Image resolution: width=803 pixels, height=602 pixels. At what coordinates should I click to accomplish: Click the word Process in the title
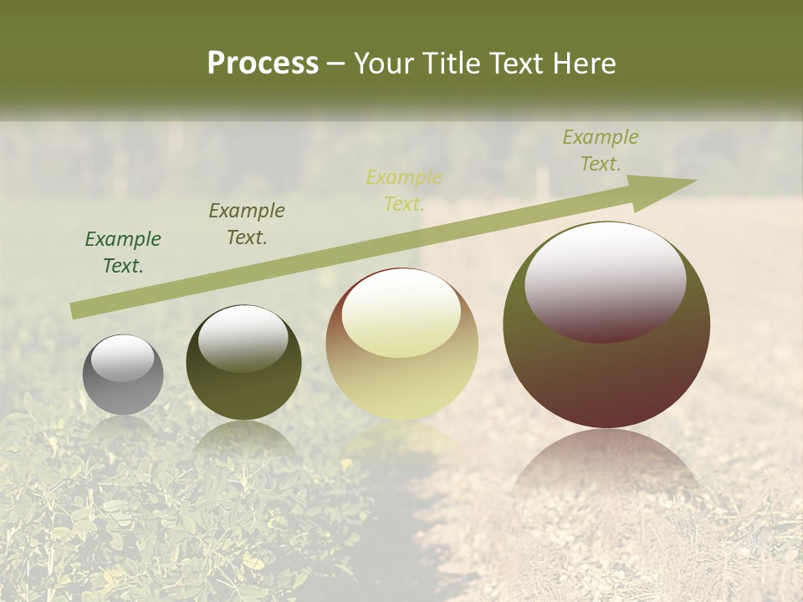point(263,64)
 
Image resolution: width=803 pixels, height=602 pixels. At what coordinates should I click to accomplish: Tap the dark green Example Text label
point(123,253)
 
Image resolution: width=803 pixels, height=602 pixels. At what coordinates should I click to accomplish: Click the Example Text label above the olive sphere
point(247,224)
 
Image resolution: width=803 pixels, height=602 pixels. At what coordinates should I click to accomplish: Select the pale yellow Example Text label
point(404,191)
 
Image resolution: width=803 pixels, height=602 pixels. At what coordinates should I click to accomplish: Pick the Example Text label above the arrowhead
point(601,150)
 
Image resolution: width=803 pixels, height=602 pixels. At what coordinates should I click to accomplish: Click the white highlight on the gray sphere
point(123,358)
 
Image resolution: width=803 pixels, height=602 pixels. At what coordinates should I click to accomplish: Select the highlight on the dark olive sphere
point(243,338)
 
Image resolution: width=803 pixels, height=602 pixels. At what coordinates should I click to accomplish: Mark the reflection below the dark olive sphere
point(243,439)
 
